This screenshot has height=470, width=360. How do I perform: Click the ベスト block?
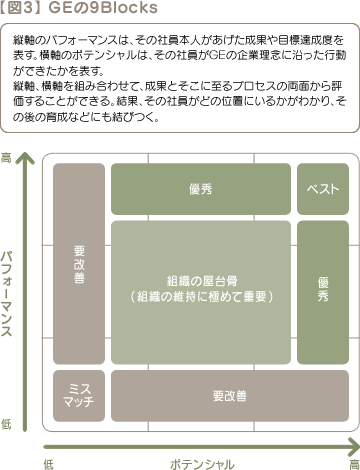[322, 190]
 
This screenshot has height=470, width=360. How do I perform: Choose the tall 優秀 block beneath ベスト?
[322, 292]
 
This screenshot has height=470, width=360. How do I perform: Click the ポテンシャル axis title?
[202, 462]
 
